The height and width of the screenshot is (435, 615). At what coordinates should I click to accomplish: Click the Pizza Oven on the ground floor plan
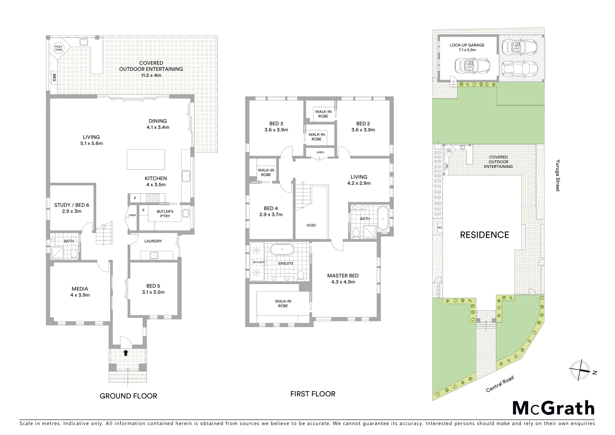pyautogui.click(x=59, y=48)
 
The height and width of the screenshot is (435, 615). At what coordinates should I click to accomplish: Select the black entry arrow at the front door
pyautogui.click(x=126, y=353)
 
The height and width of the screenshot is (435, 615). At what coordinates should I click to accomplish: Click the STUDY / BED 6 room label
pyautogui.click(x=72, y=208)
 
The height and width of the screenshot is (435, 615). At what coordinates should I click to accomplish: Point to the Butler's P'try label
pyautogui.click(x=165, y=213)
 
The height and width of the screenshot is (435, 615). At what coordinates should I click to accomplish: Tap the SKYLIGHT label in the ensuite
pyautogui.click(x=258, y=262)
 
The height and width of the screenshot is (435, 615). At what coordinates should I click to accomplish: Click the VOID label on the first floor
pyautogui.click(x=311, y=225)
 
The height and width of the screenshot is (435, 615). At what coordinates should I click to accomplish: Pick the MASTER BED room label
pyautogui.click(x=343, y=279)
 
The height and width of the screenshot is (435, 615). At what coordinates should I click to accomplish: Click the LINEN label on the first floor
pyautogui.click(x=320, y=152)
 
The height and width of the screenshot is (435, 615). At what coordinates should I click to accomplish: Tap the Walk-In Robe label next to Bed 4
pyautogui.click(x=266, y=172)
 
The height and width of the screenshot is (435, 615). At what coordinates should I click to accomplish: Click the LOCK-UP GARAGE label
pyautogui.click(x=467, y=48)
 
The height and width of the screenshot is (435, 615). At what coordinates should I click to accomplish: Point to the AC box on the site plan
pyautogui.click(x=439, y=228)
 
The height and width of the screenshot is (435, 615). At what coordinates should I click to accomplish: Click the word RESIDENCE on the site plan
pyautogui.click(x=484, y=235)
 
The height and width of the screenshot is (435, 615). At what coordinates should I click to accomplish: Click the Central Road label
pyautogui.click(x=500, y=384)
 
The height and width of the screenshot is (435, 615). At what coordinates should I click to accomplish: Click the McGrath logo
pyautogui.click(x=553, y=408)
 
